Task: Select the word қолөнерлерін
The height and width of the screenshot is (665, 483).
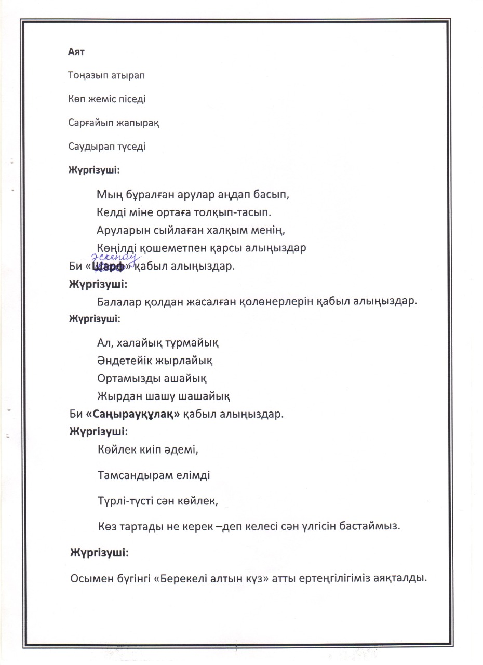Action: click(273, 302)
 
